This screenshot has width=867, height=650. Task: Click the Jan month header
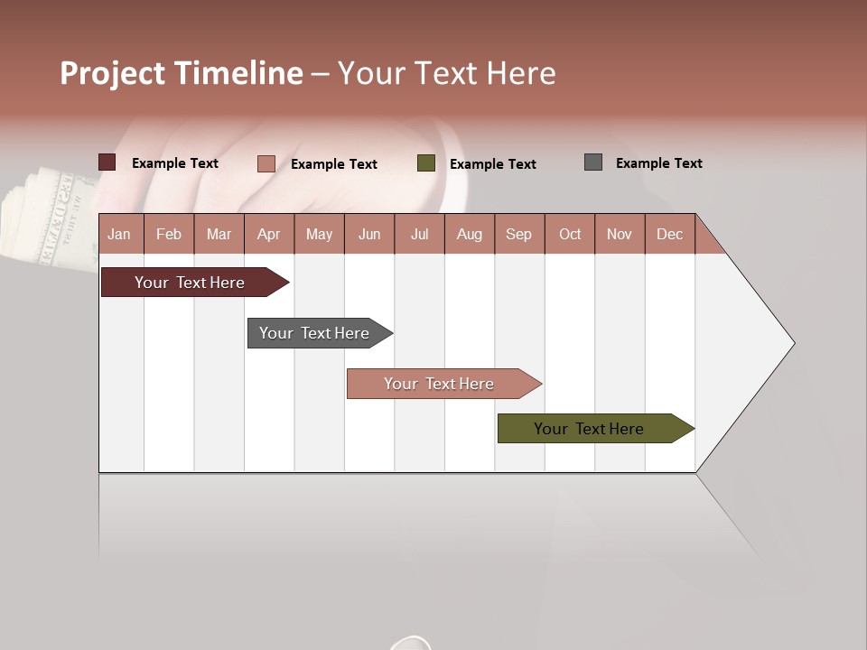(120, 234)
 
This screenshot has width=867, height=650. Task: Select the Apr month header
(269, 234)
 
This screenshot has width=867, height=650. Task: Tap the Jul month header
(419, 234)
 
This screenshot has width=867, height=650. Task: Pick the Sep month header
(518, 234)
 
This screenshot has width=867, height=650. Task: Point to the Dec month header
(669, 234)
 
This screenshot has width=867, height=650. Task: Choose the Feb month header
(169, 234)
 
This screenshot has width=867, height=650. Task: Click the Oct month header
(570, 234)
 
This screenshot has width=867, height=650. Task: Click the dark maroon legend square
(107, 162)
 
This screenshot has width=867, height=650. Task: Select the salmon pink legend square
(266, 163)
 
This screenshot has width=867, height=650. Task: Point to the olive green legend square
(426, 163)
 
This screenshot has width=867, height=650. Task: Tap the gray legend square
(593, 162)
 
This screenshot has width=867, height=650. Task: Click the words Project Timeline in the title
(182, 73)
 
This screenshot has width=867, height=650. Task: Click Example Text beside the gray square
(658, 163)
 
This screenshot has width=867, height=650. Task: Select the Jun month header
(369, 234)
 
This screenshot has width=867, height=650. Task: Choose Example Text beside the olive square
(492, 164)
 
